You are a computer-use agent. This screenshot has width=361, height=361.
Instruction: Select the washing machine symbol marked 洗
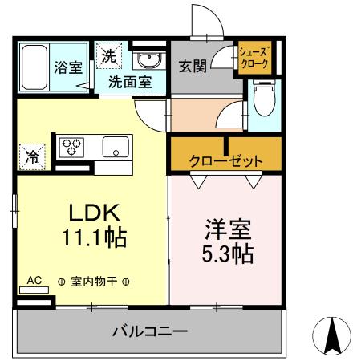[x=108, y=56]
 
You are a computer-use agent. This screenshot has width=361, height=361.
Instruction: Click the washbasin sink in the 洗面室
[x=148, y=60]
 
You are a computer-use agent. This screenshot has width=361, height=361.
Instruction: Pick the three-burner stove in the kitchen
[x=73, y=148]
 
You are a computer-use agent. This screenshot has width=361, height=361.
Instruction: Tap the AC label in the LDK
[x=34, y=280]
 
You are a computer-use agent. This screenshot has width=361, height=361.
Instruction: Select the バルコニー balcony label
[x=149, y=330]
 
